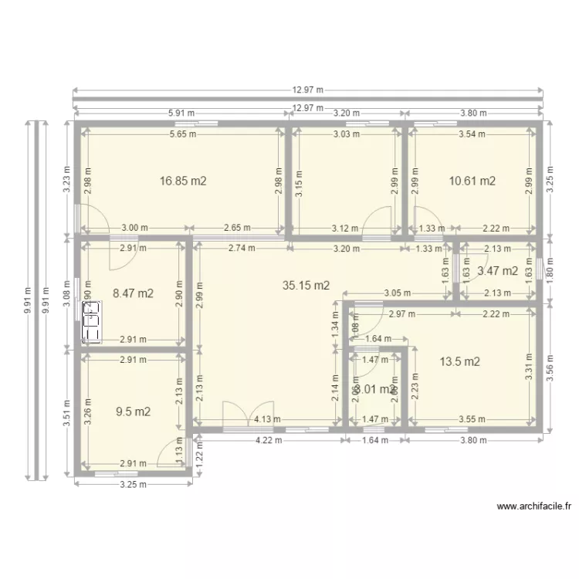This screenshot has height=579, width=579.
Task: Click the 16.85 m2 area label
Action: [x=183, y=181]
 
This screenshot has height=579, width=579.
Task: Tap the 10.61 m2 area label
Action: [x=472, y=181]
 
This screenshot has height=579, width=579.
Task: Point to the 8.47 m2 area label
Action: [x=133, y=293]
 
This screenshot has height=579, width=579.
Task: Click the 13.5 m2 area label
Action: [x=460, y=361]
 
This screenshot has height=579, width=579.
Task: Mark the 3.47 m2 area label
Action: [x=497, y=271]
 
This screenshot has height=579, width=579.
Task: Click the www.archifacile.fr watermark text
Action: [x=533, y=507]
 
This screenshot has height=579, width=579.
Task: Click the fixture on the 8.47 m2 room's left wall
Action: [x=92, y=320]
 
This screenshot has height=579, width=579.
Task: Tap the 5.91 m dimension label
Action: [x=180, y=113]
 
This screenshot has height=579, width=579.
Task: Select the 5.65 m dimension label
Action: [x=183, y=134]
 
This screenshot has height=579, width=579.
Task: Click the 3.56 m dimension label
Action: [x=550, y=364]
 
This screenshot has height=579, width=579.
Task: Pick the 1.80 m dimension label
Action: [x=550, y=270]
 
